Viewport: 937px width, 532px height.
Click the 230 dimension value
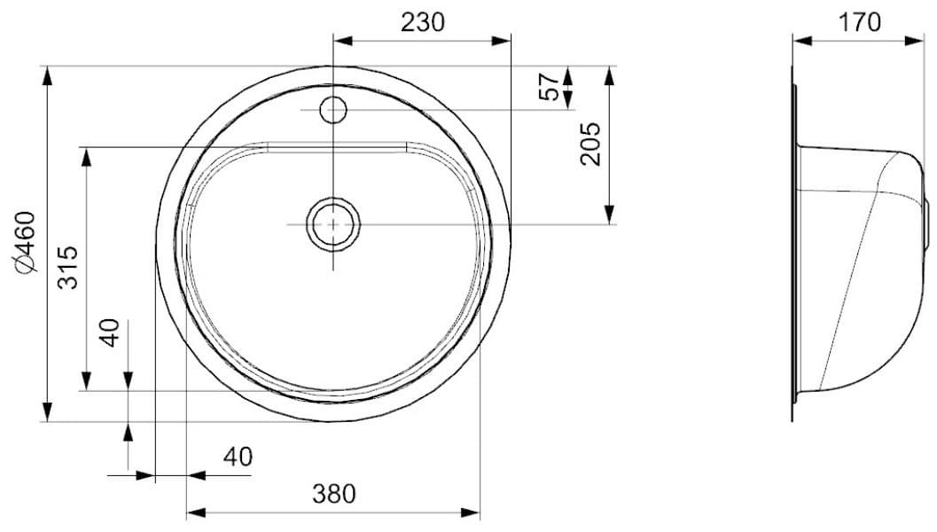422,23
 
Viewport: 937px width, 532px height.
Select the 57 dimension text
550,87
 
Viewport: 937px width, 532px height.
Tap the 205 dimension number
590,144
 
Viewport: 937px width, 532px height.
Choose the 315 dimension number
68,266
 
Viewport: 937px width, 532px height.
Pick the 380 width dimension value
333,493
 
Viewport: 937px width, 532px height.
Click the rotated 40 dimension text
110,333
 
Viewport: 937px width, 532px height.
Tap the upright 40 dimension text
238,458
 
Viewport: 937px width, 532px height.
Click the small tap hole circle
332,110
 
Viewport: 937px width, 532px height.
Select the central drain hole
333,224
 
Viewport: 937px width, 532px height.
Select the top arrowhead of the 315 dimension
85,157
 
